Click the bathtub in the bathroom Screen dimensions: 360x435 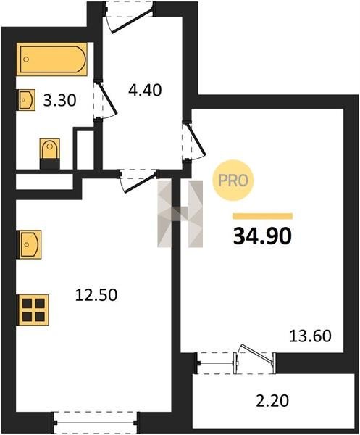pos(52,59)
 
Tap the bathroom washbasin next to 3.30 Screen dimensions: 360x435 pos(27,100)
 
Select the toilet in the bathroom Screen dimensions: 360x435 pos(50,154)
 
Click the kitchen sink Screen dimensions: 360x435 pos(30,244)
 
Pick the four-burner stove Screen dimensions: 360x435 pos(33,310)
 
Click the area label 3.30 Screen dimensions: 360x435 pos(59,101)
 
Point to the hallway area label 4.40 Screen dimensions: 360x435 pos(145,90)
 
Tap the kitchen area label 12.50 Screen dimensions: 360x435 pos(96,295)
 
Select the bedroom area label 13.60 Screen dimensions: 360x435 pos(310,336)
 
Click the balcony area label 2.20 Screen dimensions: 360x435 pos(272,401)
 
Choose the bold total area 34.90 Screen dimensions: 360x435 pos(262,236)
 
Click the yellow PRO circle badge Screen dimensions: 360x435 pos(233,181)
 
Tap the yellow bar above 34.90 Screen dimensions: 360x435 pos(262,216)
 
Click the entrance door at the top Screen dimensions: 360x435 pos(130,17)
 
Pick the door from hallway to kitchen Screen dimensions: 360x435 pos(138,180)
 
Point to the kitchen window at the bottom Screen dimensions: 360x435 pos(96,423)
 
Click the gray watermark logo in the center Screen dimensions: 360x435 pos(180,214)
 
